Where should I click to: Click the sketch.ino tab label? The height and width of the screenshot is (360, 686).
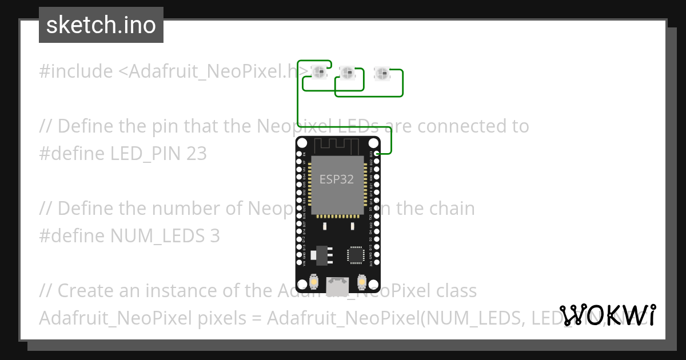point(101,25)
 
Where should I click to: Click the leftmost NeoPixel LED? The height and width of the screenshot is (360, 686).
point(319,72)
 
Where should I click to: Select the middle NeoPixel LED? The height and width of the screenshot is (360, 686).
point(347,72)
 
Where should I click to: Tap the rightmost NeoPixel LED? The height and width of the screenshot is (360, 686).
point(381,73)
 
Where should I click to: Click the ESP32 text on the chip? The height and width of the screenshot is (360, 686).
point(336,179)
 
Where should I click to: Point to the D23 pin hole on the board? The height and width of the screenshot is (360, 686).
point(378,154)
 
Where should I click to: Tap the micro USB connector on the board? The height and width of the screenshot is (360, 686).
point(337,285)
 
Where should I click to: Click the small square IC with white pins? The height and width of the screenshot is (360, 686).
point(356,255)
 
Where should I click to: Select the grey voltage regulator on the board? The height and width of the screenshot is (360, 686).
point(323,255)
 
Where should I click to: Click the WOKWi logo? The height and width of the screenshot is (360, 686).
point(608,315)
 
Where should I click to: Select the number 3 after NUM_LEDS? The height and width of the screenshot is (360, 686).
point(214,235)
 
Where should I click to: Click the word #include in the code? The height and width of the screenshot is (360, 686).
point(76,71)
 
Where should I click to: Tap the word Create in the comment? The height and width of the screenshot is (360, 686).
point(86,291)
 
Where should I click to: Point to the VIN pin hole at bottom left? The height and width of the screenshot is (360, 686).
point(298,263)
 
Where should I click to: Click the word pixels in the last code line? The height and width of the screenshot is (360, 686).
point(220,318)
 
